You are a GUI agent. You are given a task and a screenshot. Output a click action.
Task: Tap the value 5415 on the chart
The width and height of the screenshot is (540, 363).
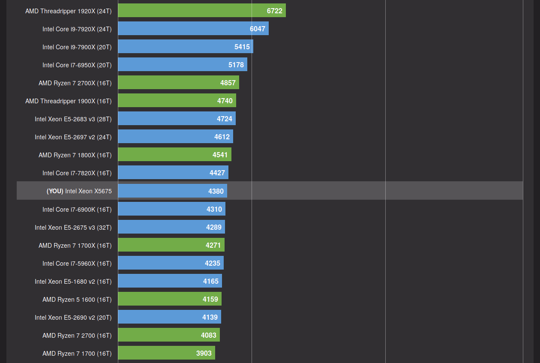(x=242, y=47)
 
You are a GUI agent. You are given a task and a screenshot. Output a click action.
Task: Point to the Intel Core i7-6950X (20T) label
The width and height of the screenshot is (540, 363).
(x=77, y=65)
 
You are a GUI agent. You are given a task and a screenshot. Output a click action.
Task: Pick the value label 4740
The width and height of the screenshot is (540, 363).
(x=225, y=101)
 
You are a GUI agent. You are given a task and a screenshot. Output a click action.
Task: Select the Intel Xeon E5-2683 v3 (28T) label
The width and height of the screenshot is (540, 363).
(x=73, y=119)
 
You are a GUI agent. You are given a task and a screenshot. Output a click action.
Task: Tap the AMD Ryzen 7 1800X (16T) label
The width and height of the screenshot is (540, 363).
(x=75, y=155)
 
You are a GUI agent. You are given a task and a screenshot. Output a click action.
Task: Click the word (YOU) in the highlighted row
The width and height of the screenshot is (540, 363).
(x=55, y=191)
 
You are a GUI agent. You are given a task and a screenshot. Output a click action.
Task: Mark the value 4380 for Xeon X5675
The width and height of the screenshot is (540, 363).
(x=216, y=191)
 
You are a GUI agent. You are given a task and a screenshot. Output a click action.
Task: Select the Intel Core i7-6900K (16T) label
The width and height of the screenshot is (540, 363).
(x=77, y=210)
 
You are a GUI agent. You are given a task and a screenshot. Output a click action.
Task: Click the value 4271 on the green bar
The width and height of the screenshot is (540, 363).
(x=213, y=246)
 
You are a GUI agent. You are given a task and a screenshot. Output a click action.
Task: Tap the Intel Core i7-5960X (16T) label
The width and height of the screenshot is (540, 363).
(x=77, y=264)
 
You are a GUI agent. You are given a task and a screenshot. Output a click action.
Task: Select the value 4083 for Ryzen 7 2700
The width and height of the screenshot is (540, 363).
(x=209, y=335)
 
